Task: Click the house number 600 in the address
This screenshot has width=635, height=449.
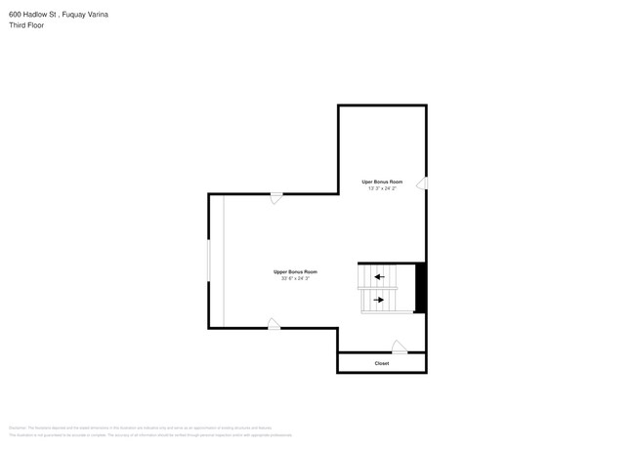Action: coord(16,15)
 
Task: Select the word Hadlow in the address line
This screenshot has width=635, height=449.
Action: coord(39,15)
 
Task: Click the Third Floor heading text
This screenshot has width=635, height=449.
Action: coord(26,25)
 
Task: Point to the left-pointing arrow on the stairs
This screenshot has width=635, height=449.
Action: coord(379,277)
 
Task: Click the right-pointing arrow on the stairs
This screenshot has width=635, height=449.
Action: coord(379,300)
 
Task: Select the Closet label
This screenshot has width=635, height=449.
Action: coord(382,363)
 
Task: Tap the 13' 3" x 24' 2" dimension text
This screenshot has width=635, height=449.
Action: coord(381,188)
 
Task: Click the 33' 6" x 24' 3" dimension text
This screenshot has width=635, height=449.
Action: coord(295,278)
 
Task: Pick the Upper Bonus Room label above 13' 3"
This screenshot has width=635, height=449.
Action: coord(381,182)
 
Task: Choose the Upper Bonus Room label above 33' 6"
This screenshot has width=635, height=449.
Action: coord(295,271)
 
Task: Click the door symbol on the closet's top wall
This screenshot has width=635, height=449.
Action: coord(399,347)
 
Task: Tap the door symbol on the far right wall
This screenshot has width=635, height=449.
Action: coord(421,183)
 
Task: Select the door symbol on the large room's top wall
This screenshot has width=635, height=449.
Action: coord(277,198)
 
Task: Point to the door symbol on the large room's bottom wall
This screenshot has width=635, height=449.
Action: coord(274,324)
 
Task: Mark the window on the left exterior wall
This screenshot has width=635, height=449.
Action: coord(208,262)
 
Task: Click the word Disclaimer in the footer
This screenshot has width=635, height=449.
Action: coord(18,428)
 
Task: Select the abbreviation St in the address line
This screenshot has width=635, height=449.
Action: coord(59,15)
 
